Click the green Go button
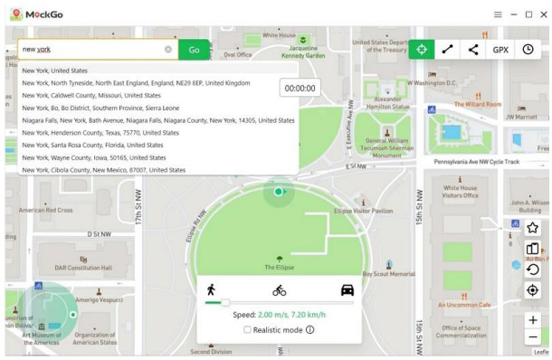[x=194, y=50]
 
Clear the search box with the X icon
[x=168, y=50]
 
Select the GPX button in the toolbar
[x=500, y=50]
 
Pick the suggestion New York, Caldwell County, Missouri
[x=91, y=95]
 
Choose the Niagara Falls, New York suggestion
[x=158, y=120]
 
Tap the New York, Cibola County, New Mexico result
[x=104, y=170]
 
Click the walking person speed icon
[x=211, y=289]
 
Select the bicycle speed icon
[x=279, y=290]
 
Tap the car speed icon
[x=347, y=290]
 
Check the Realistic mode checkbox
[x=247, y=330]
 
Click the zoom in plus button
[x=532, y=320]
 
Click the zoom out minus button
[x=532, y=337]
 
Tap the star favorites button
[x=532, y=228]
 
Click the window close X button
[x=543, y=14]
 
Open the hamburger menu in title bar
[x=498, y=14]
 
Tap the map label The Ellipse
[x=279, y=268]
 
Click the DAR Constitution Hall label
[x=82, y=268]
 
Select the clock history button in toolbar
[x=528, y=50]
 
